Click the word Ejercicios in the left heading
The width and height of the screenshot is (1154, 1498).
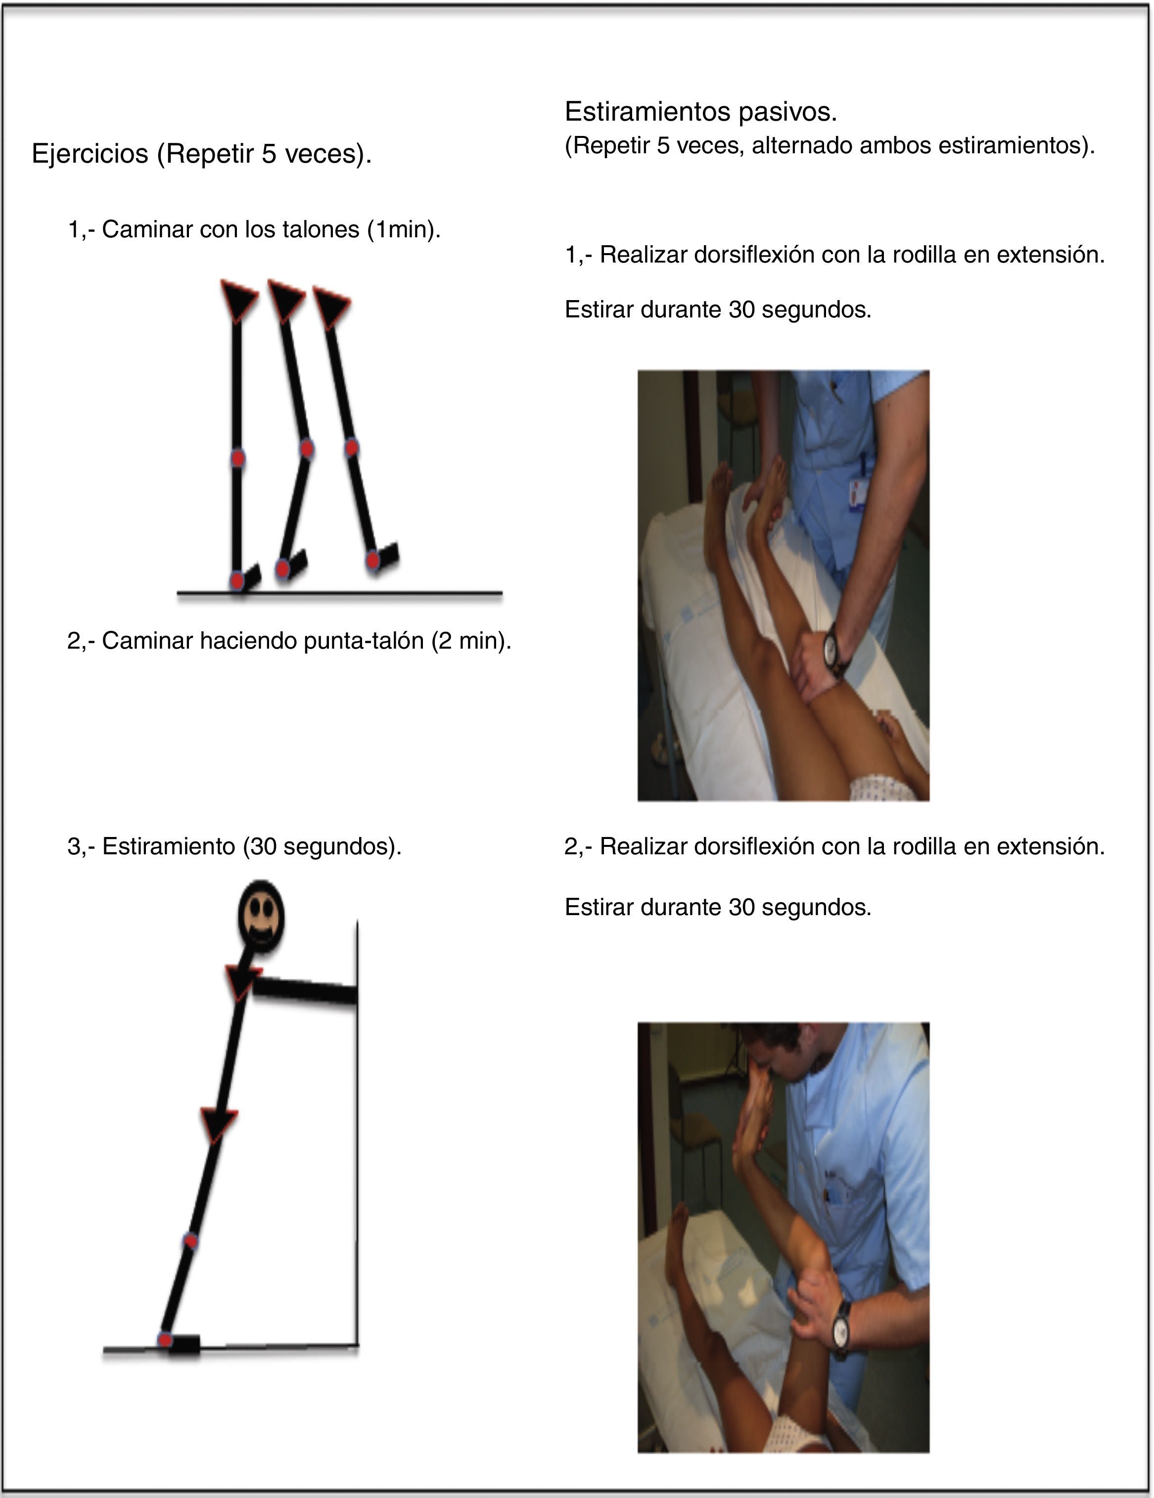(90, 154)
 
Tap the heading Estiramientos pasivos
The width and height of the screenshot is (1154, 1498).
(700, 112)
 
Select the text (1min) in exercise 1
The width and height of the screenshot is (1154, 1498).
(404, 229)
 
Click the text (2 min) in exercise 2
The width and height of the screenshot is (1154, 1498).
(471, 641)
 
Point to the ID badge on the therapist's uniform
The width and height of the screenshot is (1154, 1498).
(856, 494)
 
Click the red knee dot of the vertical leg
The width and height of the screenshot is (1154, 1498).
(237, 458)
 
